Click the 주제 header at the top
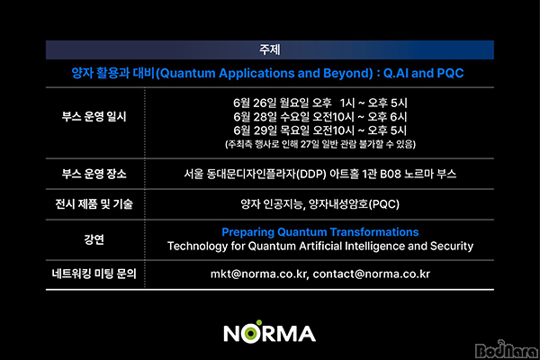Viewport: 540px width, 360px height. coord(270,49)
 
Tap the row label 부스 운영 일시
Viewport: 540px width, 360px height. coord(94,117)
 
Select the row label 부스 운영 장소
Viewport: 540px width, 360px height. coord(94,174)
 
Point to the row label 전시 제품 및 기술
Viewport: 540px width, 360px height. coord(94,204)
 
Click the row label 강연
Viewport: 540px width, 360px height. coord(94,239)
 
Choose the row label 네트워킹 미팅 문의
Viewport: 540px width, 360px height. coord(94,274)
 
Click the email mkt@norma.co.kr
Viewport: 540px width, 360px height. coord(258,274)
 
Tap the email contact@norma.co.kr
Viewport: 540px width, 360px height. coord(371,274)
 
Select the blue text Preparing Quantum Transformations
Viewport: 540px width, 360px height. coord(319,232)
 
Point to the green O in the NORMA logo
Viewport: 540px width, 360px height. coord(252,333)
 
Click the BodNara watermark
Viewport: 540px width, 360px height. coord(506,349)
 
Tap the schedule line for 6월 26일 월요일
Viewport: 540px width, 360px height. coord(319,103)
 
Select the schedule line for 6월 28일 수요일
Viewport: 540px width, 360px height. coord(319,117)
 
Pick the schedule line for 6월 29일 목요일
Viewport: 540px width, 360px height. coord(319,130)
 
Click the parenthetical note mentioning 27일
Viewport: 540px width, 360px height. coord(319,144)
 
